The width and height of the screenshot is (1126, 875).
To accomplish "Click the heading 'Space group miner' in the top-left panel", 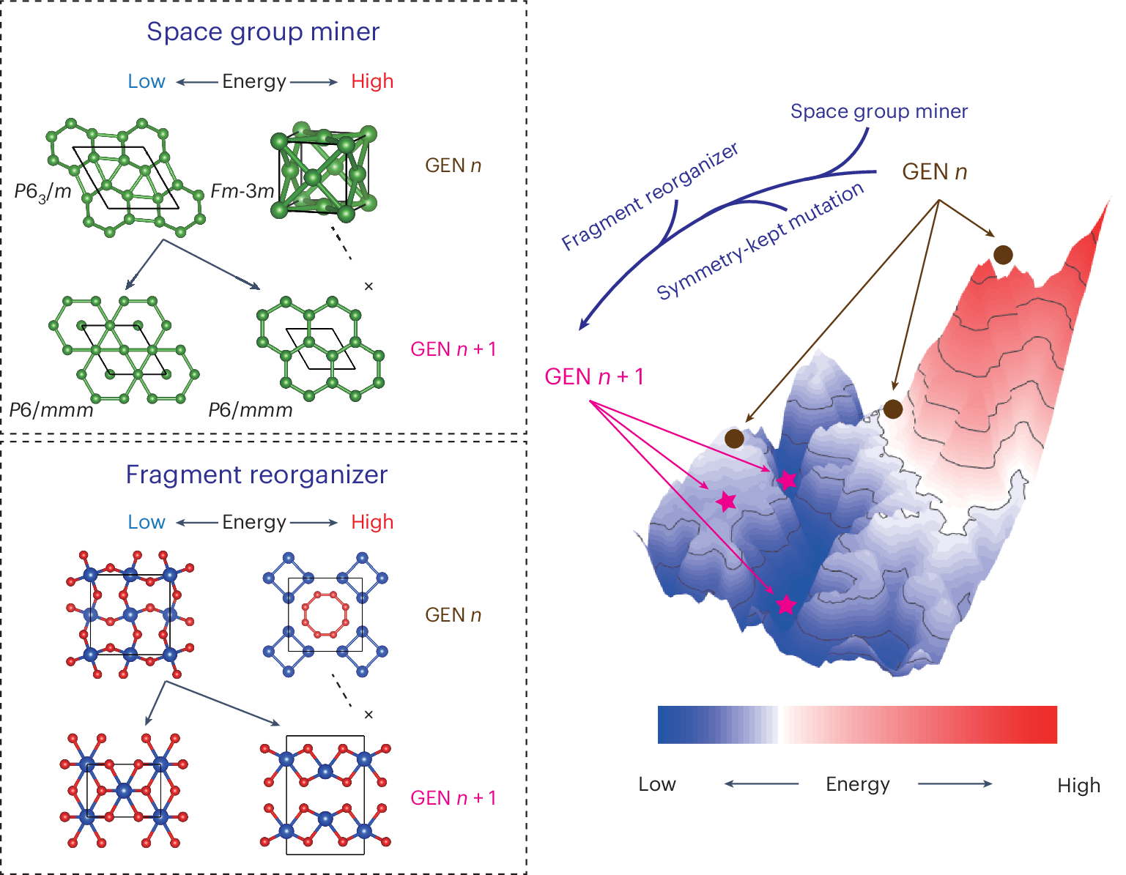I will (x=263, y=31).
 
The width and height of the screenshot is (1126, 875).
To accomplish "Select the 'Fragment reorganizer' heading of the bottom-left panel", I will (x=256, y=474).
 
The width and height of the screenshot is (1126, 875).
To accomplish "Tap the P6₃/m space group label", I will (x=43, y=192).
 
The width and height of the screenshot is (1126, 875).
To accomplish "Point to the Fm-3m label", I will (x=242, y=192).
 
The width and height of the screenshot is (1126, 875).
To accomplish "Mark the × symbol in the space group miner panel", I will (x=368, y=286).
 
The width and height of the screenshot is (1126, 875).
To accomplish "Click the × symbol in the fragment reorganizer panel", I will (x=368, y=715).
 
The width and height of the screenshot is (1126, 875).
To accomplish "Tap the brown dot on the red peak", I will (x=1003, y=255).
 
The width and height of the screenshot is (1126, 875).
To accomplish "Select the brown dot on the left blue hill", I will (x=734, y=439).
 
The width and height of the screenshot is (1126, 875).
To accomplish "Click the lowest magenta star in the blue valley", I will (x=786, y=605).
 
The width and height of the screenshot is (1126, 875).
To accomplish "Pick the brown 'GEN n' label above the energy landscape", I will (x=934, y=172).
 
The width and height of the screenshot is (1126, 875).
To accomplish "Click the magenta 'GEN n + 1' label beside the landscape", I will (x=594, y=377).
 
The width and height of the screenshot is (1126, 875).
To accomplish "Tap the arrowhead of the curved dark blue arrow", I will (x=583, y=325).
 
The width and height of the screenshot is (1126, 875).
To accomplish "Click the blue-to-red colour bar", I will (x=857, y=725).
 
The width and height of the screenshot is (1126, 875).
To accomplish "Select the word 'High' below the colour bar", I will (x=1078, y=786).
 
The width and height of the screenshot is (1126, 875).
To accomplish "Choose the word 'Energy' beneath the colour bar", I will (x=857, y=784).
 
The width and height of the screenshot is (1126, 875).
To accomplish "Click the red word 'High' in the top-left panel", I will (x=372, y=81).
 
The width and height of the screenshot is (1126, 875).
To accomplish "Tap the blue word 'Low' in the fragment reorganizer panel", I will (x=147, y=522).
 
